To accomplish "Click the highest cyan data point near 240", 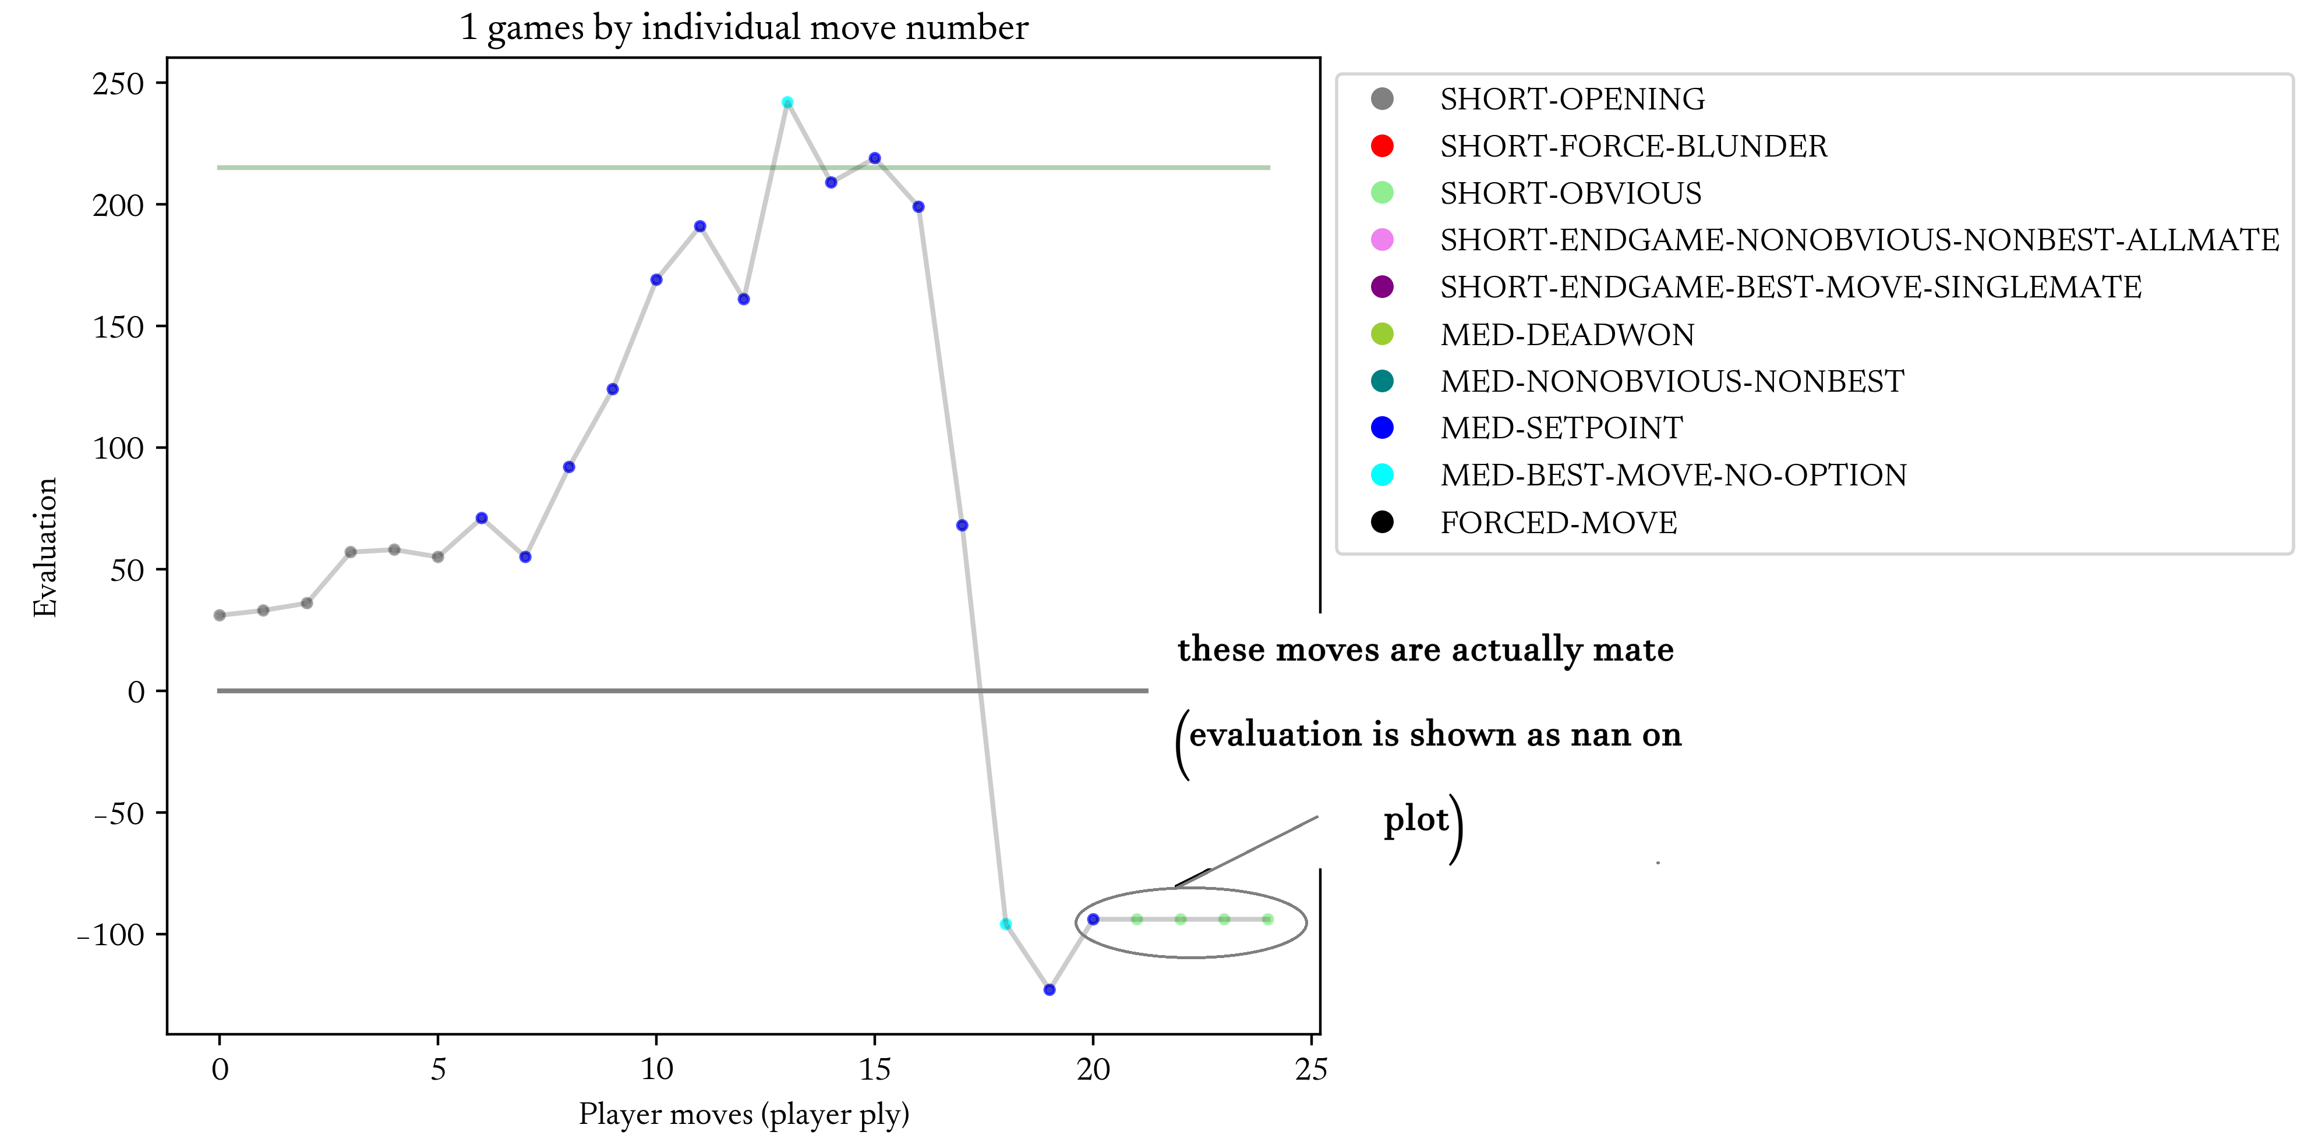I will (787, 102).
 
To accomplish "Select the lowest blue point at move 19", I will (1050, 989).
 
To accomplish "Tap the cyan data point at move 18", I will (1006, 924).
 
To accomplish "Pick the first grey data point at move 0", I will (220, 615).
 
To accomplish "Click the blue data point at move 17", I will (962, 526).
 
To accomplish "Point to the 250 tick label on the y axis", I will (118, 84).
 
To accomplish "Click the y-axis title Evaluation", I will (45, 547).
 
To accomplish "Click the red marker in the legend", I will (1382, 146).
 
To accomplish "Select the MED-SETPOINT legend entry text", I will (1561, 428).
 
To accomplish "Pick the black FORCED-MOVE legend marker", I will (1382, 521).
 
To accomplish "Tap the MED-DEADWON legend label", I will (1567, 335).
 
